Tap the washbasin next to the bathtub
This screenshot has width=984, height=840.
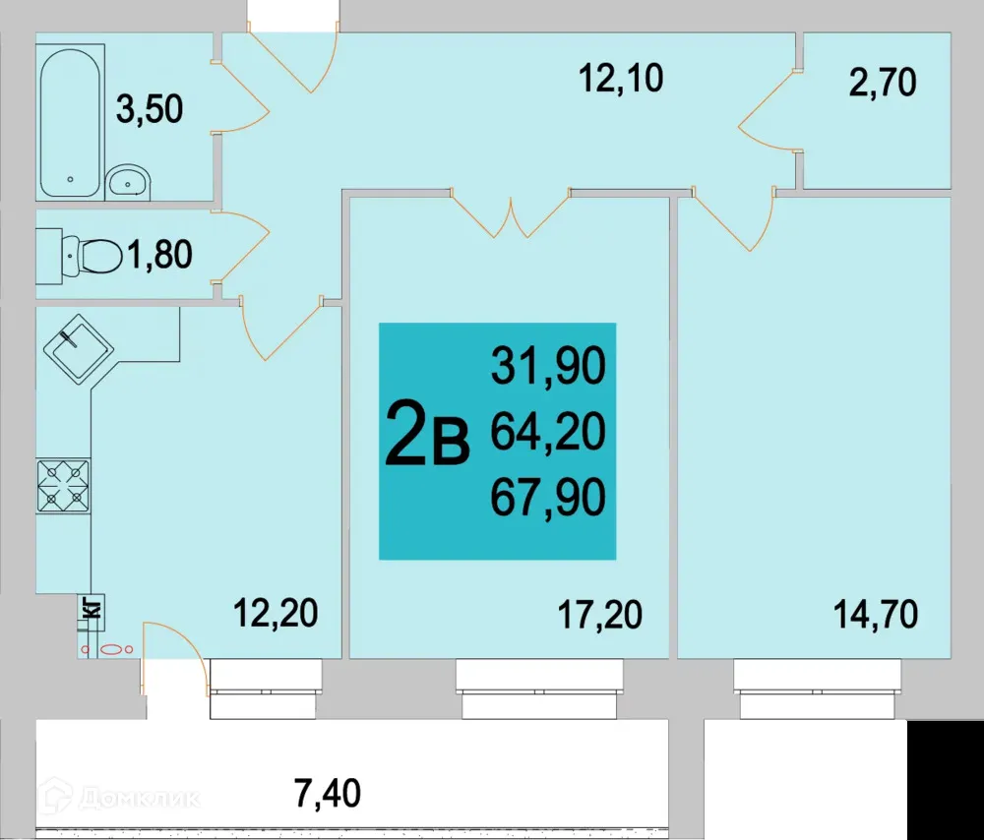[x=127, y=180]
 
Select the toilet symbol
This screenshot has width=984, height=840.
[x=89, y=256]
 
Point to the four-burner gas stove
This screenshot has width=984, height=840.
[x=63, y=486]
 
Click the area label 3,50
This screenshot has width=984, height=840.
[x=150, y=108]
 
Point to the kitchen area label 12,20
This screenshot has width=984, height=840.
[x=276, y=615]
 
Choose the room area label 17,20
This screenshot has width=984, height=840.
[x=599, y=615]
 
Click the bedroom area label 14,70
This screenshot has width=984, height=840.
[x=875, y=615]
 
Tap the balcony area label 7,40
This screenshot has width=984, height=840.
[x=328, y=791]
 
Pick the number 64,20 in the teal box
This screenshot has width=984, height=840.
[x=547, y=432]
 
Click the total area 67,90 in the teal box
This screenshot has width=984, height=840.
[x=547, y=498]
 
